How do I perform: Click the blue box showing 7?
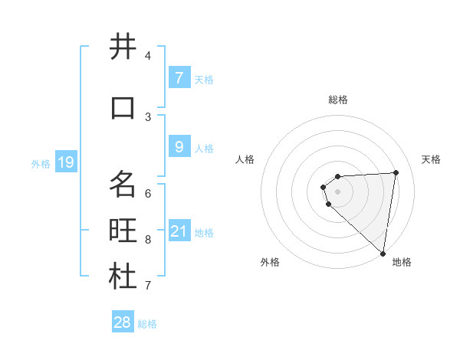pos(179,77)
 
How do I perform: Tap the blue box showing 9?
pos(179,146)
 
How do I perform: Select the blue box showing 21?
pos(179,231)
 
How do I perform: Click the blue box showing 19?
pos(66,162)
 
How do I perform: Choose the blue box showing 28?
pos(123,322)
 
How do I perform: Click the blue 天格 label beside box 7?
pos(204,79)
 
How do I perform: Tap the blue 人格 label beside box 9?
pos(204,148)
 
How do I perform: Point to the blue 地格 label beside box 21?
pos(204,232)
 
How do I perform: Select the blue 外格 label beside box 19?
pos(41,163)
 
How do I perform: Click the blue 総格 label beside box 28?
pos(147,324)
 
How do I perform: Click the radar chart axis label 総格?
pos(337,100)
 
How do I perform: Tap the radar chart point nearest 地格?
pos(383,253)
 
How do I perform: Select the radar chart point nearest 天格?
pos(396,172)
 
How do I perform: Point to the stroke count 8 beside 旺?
pos(149,239)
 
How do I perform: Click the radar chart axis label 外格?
pos(270,262)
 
